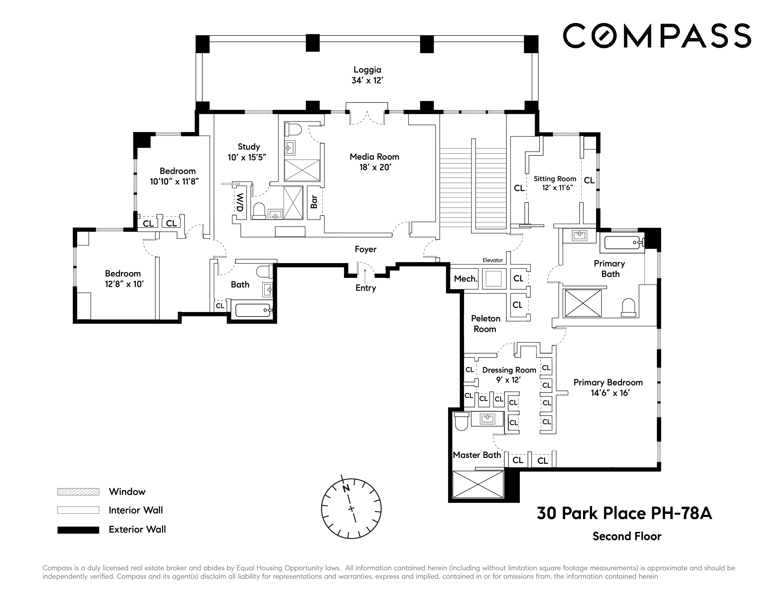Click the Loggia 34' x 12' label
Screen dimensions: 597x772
coord(367,75)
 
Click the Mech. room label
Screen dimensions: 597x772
coord(466,279)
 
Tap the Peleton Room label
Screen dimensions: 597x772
coord(485,324)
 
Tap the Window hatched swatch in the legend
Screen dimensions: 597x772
coord(78,492)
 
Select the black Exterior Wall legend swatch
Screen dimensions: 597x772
coord(78,530)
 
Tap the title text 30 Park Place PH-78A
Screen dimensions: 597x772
coord(624,513)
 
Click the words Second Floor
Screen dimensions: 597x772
coord(627,537)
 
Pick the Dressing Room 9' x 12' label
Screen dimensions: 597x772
coord(509,375)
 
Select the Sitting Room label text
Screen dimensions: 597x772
coord(555,179)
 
